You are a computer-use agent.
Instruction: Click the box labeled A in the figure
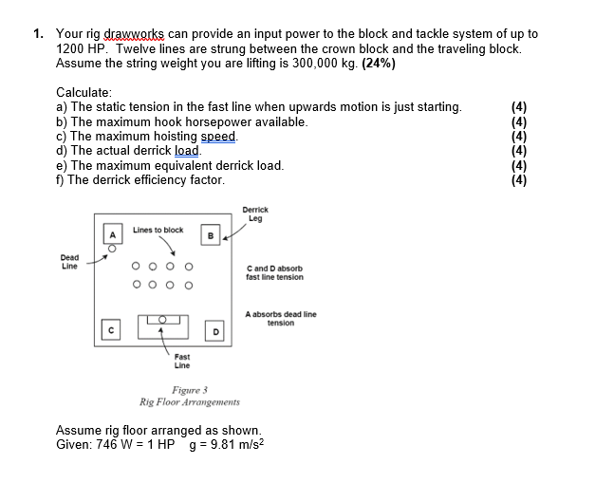pyautogui.click(x=113, y=234)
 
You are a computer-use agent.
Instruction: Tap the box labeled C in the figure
pyautogui.click(x=113, y=330)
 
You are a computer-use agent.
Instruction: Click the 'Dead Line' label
pyautogui.click(x=69, y=261)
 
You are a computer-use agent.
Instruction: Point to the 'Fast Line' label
pyautogui.click(x=181, y=361)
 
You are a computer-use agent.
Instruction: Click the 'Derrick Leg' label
pyautogui.click(x=255, y=213)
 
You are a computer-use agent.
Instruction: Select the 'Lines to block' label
pyautogui.click(x=158, y=230)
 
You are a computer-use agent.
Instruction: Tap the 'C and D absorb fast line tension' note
pyautogui.click(x=275, y=272)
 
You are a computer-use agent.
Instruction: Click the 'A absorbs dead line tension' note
pyautogui.click(x=281, y=318)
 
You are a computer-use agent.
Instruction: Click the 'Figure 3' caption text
pyautogui.click(x=190, y=389)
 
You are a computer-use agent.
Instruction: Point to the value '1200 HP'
pyautogui.click(x=79, y=47)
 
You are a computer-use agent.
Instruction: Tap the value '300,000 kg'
pyautogui.click(x=308, y=63)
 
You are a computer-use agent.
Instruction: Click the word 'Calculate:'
pyautogui.click(x=84, y=92)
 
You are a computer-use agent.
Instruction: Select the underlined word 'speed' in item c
pyautogui.click(x=220, y=136)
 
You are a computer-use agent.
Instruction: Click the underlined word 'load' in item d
pyautogui.click(x=188, y=150)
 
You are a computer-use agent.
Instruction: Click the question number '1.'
pyautogui.click(x=38, y=33)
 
